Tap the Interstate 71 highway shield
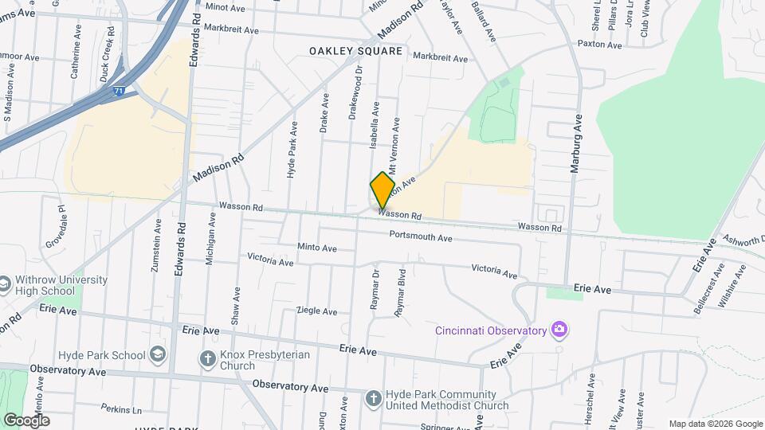pyautogui.click(x=117, y=92)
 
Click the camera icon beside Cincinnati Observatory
pyautogui.click(x=559, y=330)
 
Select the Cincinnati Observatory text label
pyautogui.click(x=491, y=330)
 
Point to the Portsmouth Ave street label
pyautogui.click(x=421, y=236)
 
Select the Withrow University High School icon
pyautogui.click(x=5, y=285)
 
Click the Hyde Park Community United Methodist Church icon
pyautogui.click(x=373, y=397)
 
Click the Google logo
pyautogui.click(x=26, y=420)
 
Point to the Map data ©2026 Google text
pyautogui.click(x=715, y=424)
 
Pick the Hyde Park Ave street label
pyautogui.click(x=293, y=149)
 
